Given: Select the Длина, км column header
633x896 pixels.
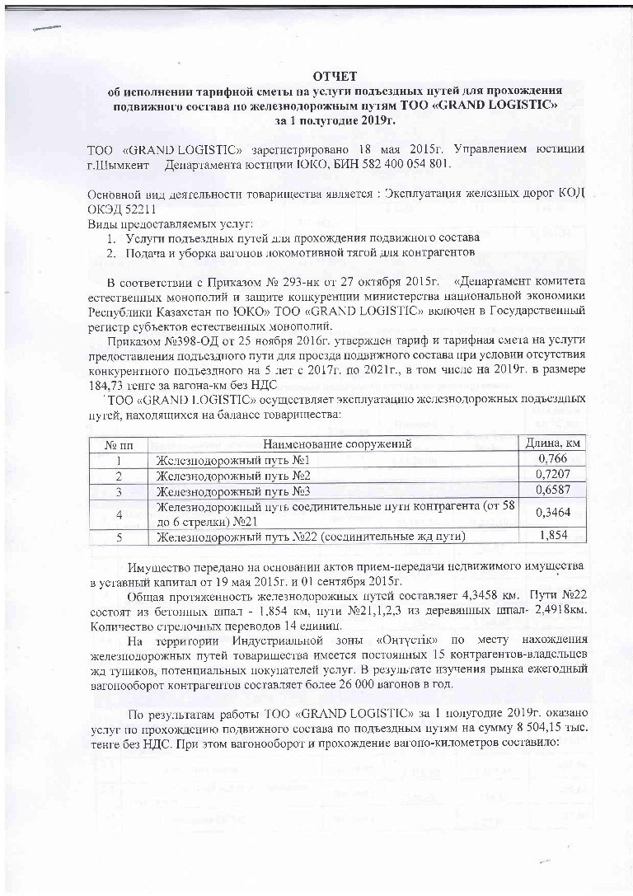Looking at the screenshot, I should (x=554, y=444).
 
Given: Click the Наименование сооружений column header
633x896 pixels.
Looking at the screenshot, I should (x=337, y=444).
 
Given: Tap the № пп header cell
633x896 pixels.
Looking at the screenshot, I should (x=119, y=445).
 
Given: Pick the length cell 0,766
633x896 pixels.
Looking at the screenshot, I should (x=554, y=460).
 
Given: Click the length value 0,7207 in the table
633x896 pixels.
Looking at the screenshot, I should (x=554, y=476).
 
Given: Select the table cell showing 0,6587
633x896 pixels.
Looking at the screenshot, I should (x=554, y=491).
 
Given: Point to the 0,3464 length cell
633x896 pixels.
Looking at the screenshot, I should (x=554, y=514).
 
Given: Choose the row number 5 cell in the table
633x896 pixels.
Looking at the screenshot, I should (x=119, y=537).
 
